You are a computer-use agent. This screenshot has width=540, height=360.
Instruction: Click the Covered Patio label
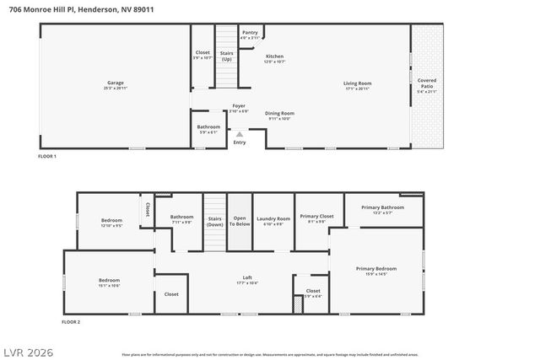pyautogui.click(x=427, y=83)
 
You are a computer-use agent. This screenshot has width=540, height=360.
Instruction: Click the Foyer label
pyautogui.click(x=239, y=108)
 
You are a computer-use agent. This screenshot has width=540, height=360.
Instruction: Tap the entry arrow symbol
pyautogui.click(x=240, y=133)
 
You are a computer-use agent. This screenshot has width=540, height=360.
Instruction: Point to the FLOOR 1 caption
pyautogui.click(x=47, y=157)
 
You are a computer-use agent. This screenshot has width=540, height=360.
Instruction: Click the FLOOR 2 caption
pyautogui.click(x=71, y=322)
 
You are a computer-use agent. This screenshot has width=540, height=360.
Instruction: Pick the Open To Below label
pyautogui.click(x=240, y=221)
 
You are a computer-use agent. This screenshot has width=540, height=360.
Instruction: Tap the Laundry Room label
pyautogui.click(x=273, y=220)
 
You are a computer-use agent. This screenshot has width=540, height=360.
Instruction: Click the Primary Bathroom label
pyautogui.click(x=382, y=209)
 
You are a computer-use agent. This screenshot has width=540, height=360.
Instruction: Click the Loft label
pyautogui.click(x=247, y=279)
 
